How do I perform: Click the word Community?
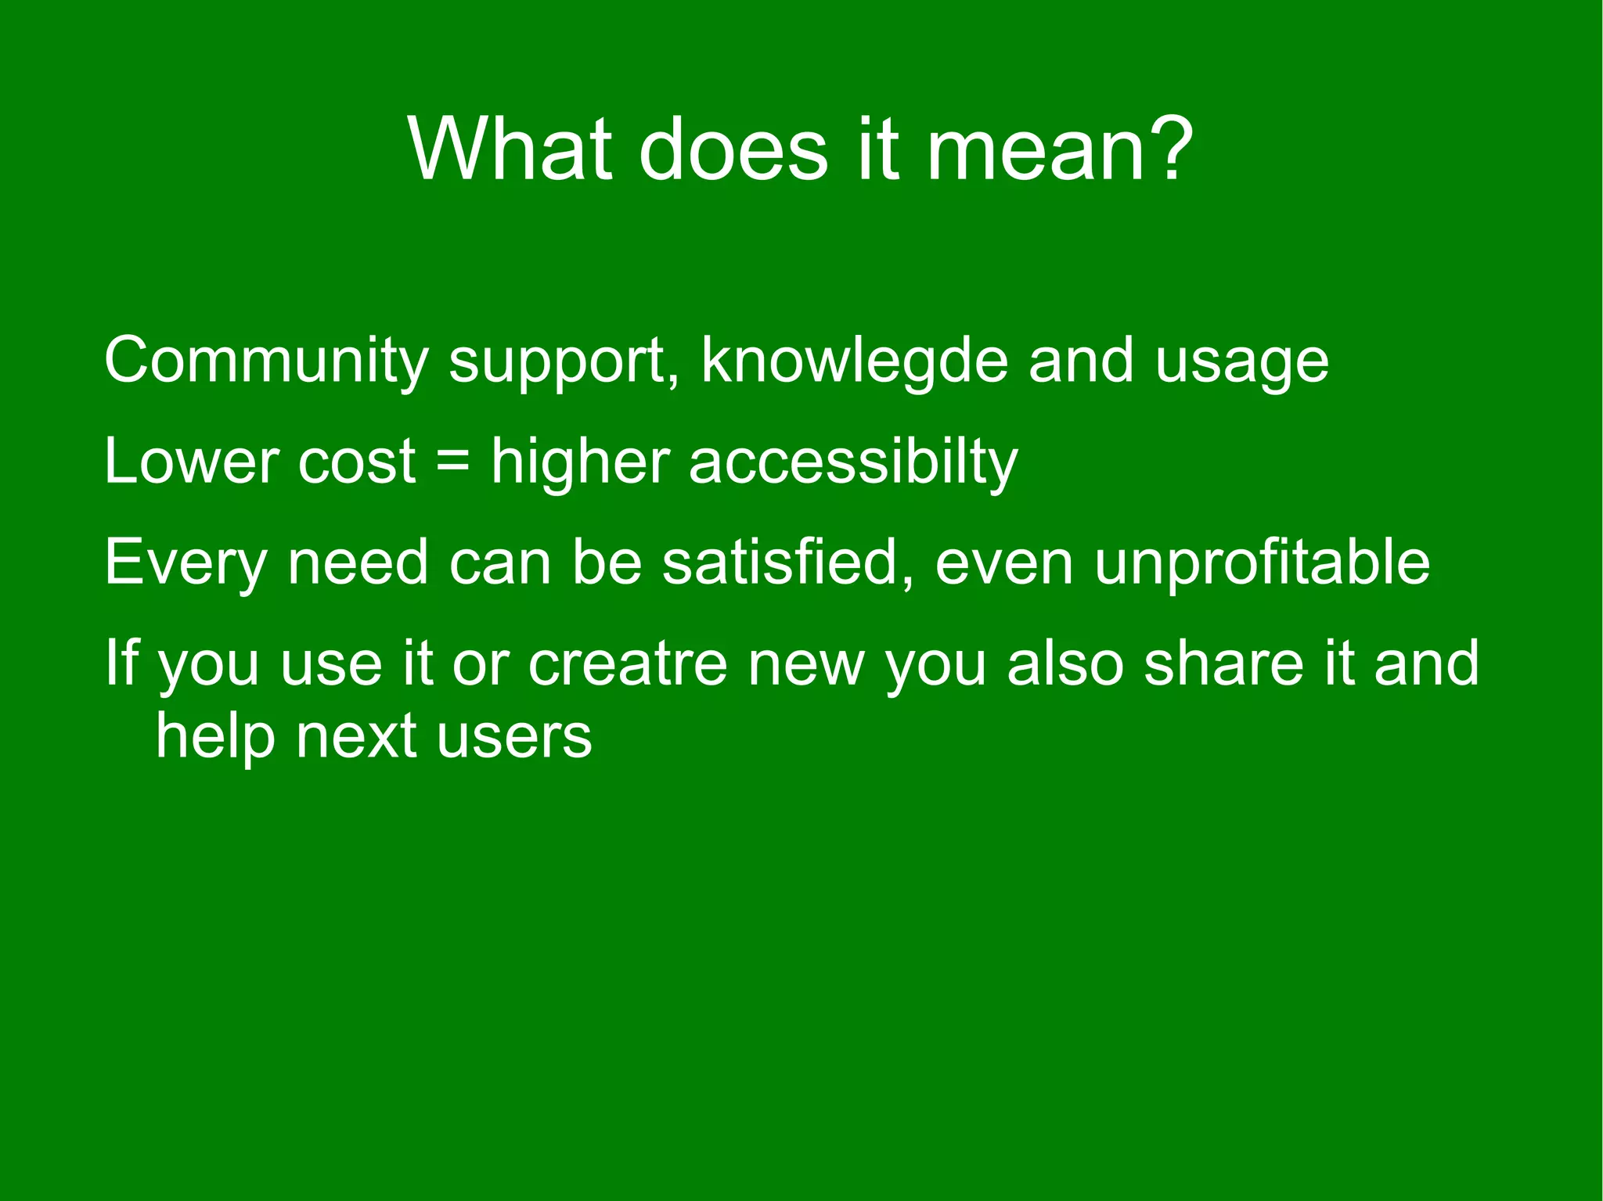[265, 361]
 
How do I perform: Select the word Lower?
[192, 461]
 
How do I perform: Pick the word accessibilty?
[853, 462]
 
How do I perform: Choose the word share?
[1223, 663]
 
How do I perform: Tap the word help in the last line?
[215, 736]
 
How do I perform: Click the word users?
[514, 736]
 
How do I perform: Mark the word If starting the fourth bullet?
[121, 662]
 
